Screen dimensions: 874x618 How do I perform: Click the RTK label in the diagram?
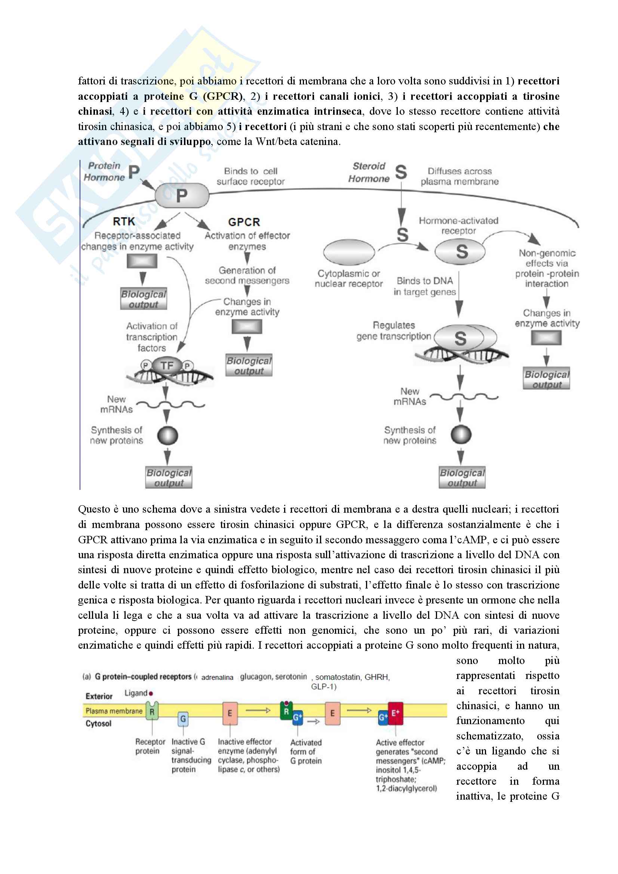coord(124,222)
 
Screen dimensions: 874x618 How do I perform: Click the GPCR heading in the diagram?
coord(244,222)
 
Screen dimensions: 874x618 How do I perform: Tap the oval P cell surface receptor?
coord(182,196)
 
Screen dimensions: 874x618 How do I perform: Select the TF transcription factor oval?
coord(167,366)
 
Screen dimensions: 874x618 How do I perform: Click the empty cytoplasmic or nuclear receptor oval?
coord(349,252)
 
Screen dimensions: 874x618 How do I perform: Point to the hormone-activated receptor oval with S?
coord(460,251)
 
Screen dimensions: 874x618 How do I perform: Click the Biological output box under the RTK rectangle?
coord(144,299)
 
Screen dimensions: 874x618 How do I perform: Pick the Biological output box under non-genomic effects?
coord(547,379)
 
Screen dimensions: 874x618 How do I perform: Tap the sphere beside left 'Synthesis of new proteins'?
coord(167,435)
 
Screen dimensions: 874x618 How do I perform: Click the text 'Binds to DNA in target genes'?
coord(425,286)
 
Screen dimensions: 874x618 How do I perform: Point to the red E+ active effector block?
coord(395,713)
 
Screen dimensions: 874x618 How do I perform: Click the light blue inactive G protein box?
coord(183,719)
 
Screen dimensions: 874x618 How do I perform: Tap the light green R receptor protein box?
coord(152,711)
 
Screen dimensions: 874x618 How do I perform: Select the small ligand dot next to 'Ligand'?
coord(151,694)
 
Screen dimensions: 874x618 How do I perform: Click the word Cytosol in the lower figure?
coord(98,724)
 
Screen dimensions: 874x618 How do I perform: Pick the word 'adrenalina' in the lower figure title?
coord(217,677)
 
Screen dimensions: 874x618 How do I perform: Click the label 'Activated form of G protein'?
coord(306,751)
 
